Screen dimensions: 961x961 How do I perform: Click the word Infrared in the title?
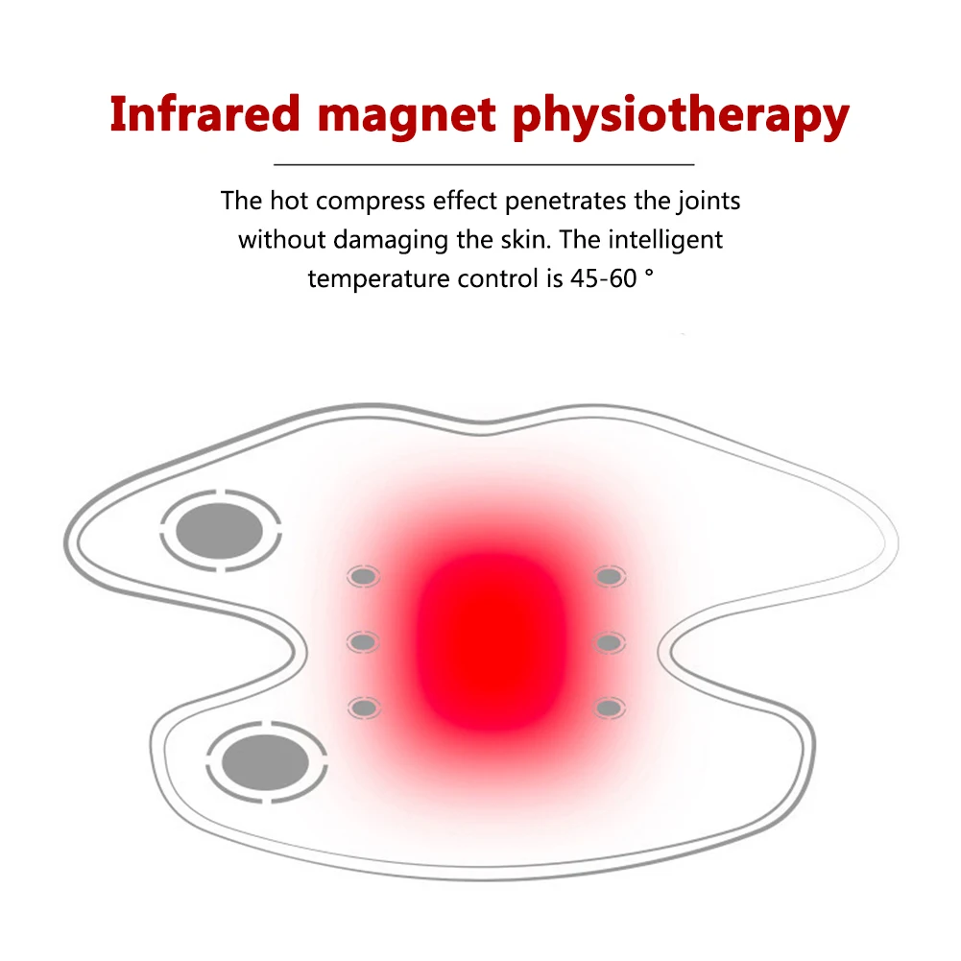pos(204,115)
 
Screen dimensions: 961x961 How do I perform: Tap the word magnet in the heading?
pos(409,115)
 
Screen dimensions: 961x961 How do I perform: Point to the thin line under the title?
pos(484,165)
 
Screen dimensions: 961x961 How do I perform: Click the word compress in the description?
pos(370,202)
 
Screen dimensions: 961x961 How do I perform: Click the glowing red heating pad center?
pos(484,638)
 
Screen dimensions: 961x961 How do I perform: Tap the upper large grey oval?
pos(221,529)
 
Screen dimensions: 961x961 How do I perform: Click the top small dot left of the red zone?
pos(363,576)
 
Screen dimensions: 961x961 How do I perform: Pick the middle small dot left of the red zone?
pos(363,640)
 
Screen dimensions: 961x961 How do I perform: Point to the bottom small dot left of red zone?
pos(363,708)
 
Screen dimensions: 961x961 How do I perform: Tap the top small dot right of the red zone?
pos(608,576)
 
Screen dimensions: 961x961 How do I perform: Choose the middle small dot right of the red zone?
pos(608,640)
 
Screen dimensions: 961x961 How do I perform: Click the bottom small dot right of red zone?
pos(608,708)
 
